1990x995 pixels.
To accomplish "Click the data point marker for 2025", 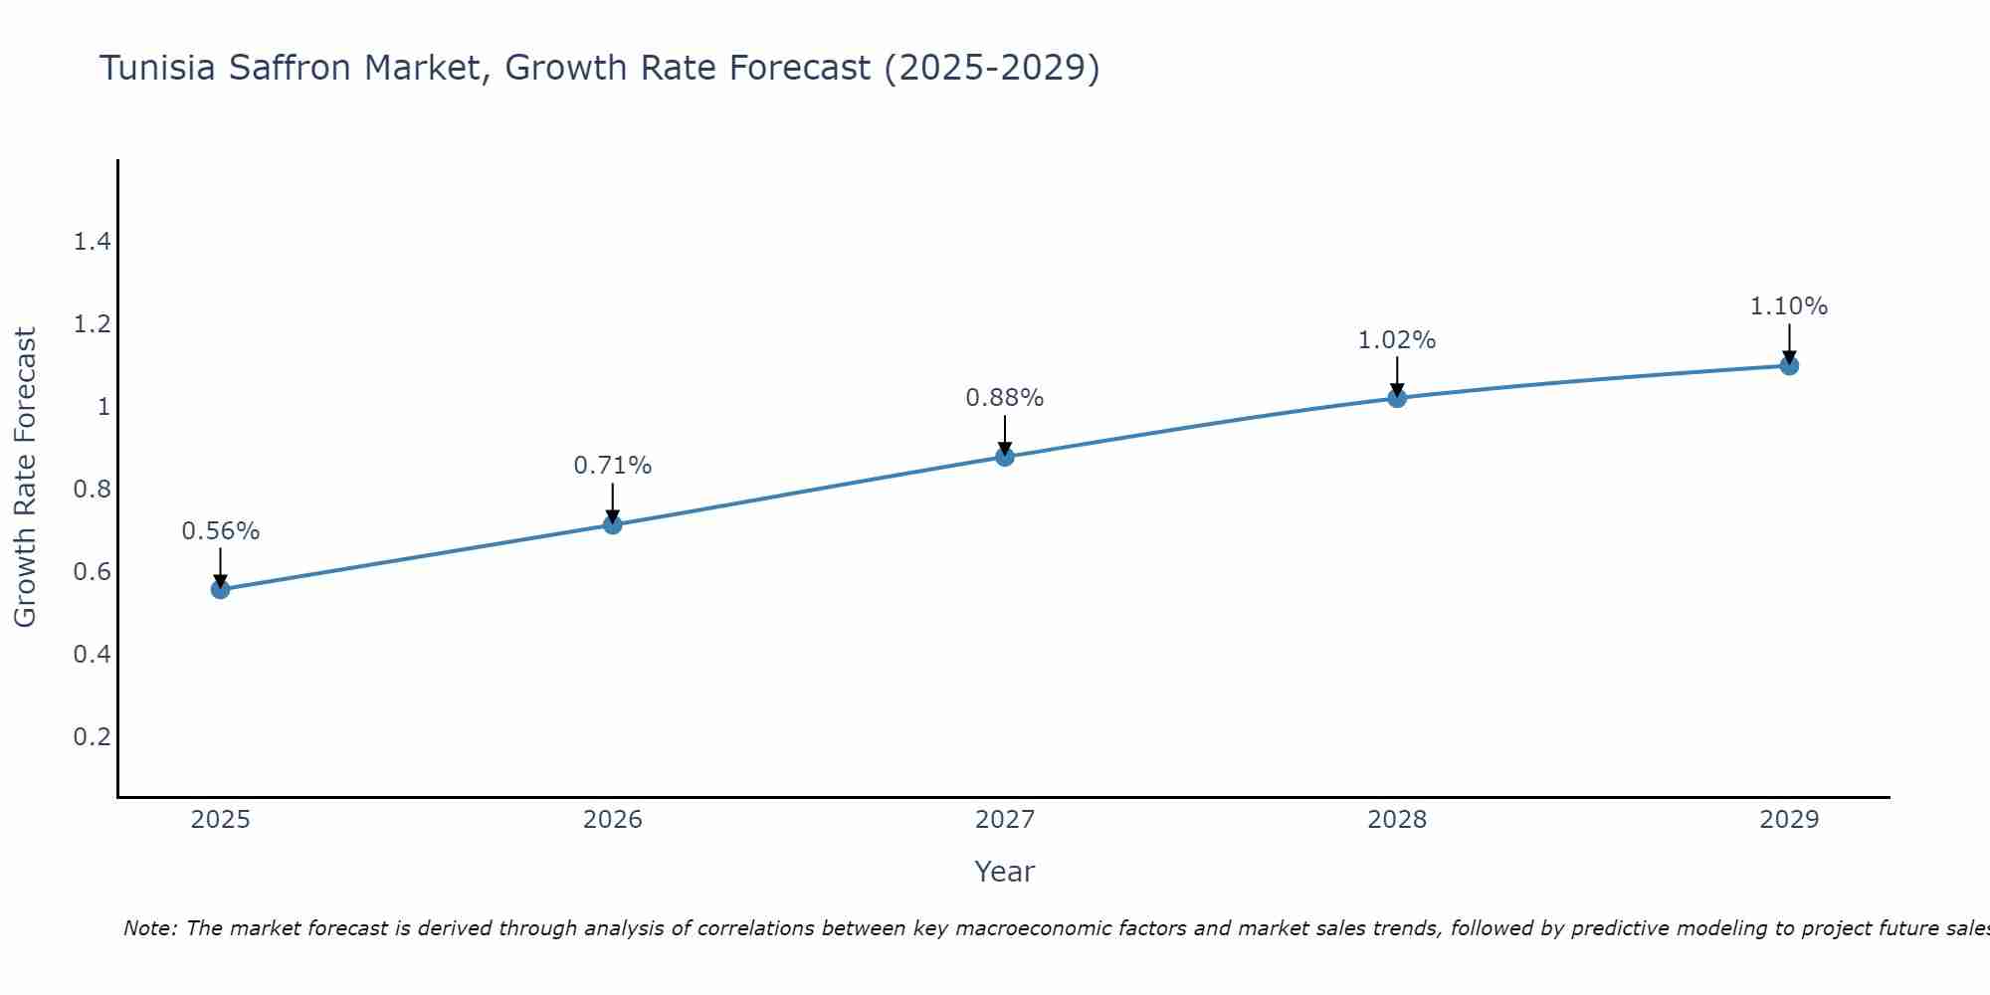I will (x=220, y=589).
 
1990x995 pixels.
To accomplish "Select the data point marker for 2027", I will (x=1005, y=457).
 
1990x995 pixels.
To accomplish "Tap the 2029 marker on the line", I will (x=1789, y=365).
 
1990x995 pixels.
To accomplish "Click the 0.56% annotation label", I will (x=220, y=531).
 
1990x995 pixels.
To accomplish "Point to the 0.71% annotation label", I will (x=612, y=465).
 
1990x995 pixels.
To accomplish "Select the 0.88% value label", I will (x=1005, y=398).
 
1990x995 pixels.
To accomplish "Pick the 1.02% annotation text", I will (x=1397, y=340).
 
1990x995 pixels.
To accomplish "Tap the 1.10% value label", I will (x=1789, y=306).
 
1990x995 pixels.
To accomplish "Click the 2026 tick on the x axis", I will (x=612, y=820).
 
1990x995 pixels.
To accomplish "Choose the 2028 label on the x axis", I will (x=1397, y=820).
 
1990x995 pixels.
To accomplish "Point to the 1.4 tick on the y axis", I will (x=92, y=242).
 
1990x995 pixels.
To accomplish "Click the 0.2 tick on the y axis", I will (x=92, y=736).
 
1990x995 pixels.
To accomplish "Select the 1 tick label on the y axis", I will (x=103, y=407).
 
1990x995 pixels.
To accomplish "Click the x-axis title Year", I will (x=1005, y=872).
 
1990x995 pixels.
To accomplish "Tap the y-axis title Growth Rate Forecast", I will (x=26, y=478).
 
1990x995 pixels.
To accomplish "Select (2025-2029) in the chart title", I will (x=991, y=69).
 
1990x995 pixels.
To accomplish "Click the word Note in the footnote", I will (x=149, y=928).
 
